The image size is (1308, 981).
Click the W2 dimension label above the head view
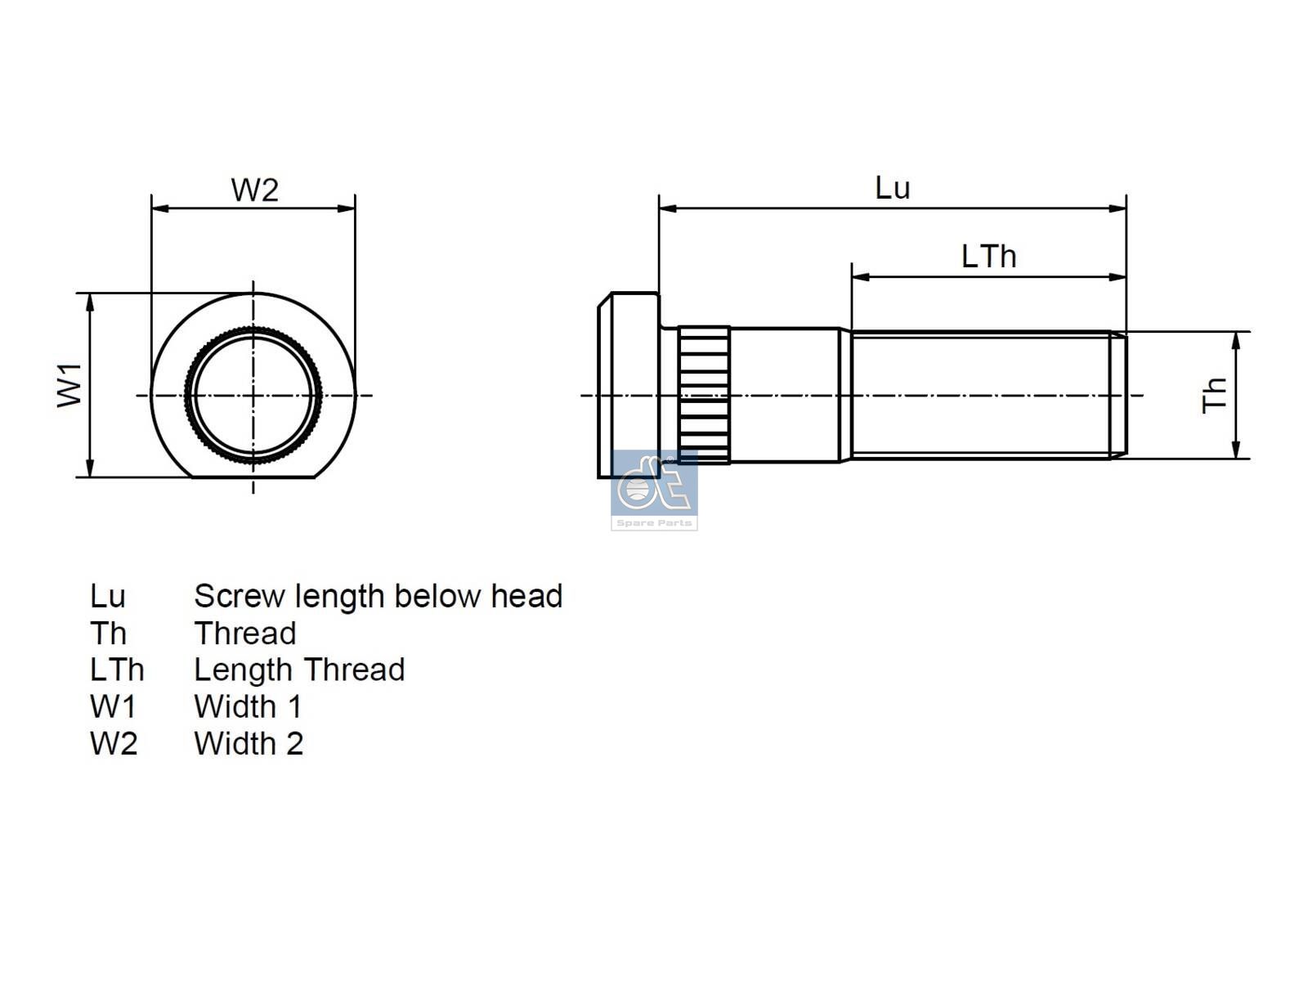pyautogui.click(x=254, y=190)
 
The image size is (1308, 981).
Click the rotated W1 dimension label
pyautogui.click(x=70, y=385)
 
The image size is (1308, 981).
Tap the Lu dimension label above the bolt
pyautogui.click(x=892, y=188)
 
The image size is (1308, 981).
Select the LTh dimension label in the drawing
pyautogui.click(x=988, y=257)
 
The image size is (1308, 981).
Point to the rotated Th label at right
pyautogui.click(x=1215, y=395)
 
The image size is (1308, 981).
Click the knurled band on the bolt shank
pyautogui.click(x=704, y=395)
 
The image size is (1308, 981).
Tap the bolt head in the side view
pyautogui.click(x=628, y=384)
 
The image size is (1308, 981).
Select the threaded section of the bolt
pyautogui.click(x=981, y=395)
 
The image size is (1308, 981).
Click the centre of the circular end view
pyautogui.click(x=253, y=395)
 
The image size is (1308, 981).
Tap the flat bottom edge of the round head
pyautogui.click(x=253, y=477)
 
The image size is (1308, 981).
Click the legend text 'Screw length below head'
pyautogui.click(x=378, y=596)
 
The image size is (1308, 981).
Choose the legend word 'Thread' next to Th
pyautogui.click(x=244, y=634)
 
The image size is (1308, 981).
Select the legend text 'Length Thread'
pyautogui.click(x=299, y=670)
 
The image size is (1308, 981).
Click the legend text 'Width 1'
pyautogui.click(x=248, y=706)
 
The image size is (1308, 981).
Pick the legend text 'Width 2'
pyautogui.click(x=249, y=743)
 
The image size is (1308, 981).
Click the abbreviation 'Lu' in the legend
pyautogui.click(x=107, y=596)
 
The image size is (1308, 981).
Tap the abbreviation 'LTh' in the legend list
pyautogui.click(x=117, y=670)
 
